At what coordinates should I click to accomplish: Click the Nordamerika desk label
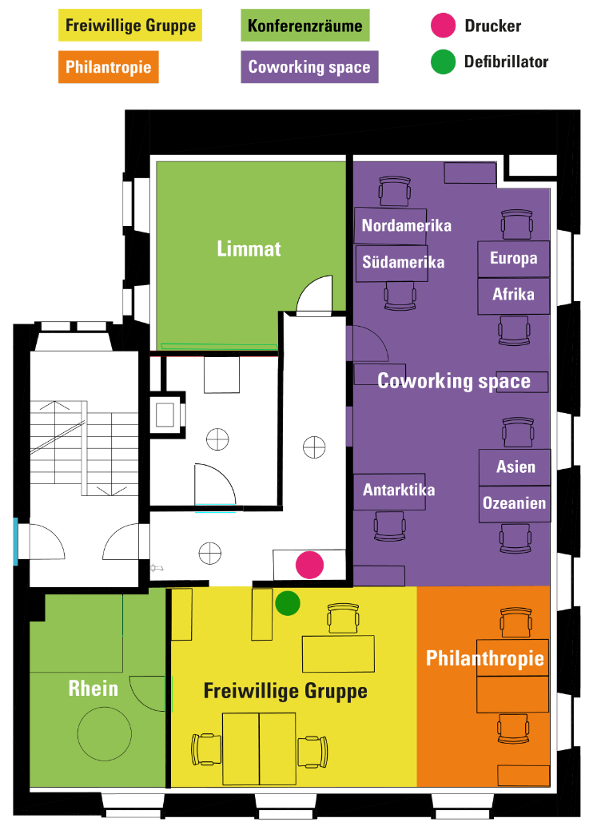(x=406, y=225)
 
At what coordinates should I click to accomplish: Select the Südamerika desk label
(x=403, y=262)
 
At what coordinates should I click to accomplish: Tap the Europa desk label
(x=514, y=258)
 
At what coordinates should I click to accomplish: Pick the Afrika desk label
(x=513, y=294)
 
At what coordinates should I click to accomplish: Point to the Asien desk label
(x=515, y=467)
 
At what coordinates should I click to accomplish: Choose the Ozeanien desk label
(x=514, y=502)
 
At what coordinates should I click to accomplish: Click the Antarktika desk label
(x=399, y=490)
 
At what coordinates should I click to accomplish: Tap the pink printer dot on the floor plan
(x=310, y=565)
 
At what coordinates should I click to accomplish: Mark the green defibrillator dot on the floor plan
(x=288, y=603)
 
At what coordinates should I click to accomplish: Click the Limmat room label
(x=249, y=248)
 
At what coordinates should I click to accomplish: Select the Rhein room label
(x=94, y=688)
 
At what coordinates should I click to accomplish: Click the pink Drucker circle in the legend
(x=444, y=26)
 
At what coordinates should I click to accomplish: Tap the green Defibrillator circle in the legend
(x=444, y=62)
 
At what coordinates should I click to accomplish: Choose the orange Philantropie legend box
(x=109, y=66)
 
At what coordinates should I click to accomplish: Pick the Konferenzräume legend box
(x=305, y=25)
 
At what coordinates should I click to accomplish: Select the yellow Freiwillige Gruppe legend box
(x=130, y=25)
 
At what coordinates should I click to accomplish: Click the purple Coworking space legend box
(x=310, y=66)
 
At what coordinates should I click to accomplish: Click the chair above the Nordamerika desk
(x=395, y=192)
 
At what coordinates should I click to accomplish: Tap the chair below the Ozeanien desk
(x=515, y=539)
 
